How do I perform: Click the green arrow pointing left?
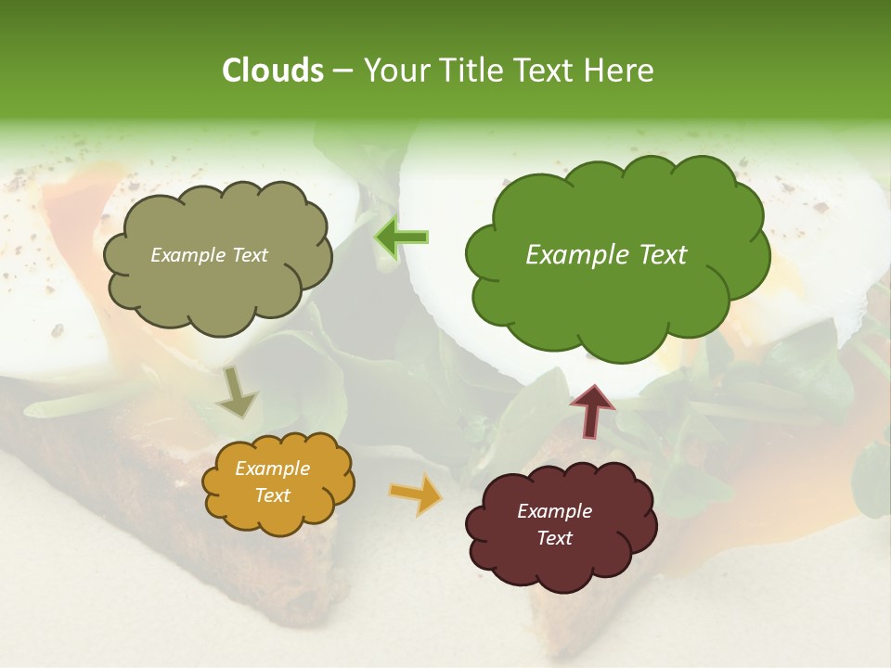(402, 238)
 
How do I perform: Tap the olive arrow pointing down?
(236, 392)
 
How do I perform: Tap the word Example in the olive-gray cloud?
(188, 255)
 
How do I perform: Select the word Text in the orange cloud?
(272, 495)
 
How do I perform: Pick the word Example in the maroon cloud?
(554, 511)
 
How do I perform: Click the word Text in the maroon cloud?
(554, 538)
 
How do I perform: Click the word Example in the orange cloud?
(272, 469)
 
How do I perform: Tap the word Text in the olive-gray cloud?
(249, 255)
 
